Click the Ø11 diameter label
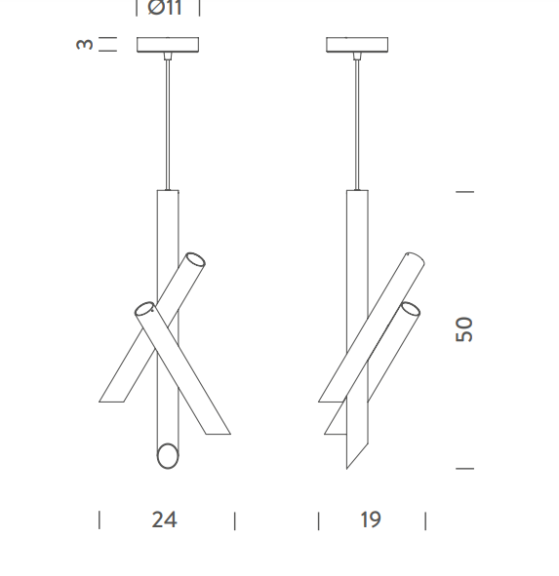point(165,8)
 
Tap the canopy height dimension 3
point(85,44)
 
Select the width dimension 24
point(165,519)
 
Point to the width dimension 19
point(371,519)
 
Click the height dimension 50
point(464,329)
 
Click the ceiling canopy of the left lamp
point(168,45)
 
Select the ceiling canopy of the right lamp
point(357,45)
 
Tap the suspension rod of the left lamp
point(168,125)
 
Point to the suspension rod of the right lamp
point(357,125)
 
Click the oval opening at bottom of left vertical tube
point(168,456)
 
